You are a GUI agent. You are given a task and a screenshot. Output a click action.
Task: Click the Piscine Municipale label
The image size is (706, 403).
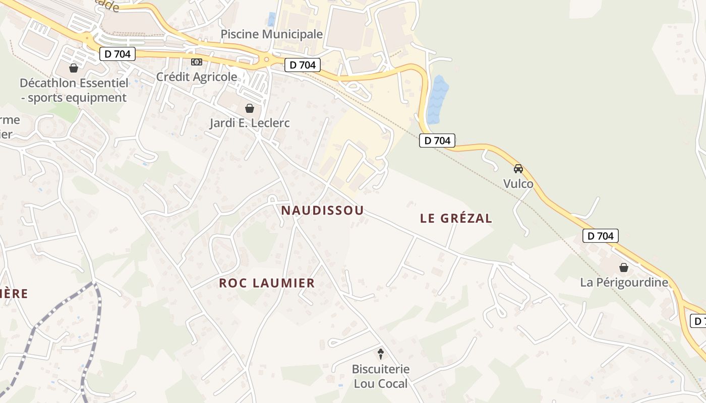pyautogui.click(x=272, y=34)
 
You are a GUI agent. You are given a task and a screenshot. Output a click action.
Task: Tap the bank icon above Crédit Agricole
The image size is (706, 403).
pyautogui.click(x=197, y=62)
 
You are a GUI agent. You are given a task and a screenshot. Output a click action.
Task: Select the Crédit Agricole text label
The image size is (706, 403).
pyautogui.click(x=197, y=77)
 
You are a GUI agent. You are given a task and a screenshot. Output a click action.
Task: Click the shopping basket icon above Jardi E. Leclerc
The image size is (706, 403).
pyautogui.click(x=249, y=108)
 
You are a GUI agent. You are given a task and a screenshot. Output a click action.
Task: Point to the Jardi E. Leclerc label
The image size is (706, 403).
pyautogui.click(x=250, y=123)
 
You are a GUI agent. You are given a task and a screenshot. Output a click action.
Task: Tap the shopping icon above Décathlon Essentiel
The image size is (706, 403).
pyautogui.click(x=74, y=68)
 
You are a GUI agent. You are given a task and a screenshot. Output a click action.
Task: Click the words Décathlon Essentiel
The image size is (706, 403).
pyautogui.click(x=74, y=83)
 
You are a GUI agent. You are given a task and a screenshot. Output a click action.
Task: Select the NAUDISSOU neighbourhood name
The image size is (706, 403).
pyautogui.click(x=322, y=211)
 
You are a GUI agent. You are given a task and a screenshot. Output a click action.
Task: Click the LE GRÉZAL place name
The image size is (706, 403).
pyautogui.click(x=456, y=218)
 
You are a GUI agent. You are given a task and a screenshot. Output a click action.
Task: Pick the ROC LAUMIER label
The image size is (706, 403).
pyautogui.click(x=267, y=283)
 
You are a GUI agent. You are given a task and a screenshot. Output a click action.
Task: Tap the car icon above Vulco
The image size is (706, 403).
pyautogui.click(x=518, y=169)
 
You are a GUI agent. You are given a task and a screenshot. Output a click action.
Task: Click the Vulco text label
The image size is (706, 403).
pyautogui.click(x=518, y=184)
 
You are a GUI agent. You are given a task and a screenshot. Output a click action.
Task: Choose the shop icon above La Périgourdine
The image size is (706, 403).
pyautogui.click(x=624, y=267)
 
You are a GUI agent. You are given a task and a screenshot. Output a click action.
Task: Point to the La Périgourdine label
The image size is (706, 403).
pyautogui.click(x=624, y=282)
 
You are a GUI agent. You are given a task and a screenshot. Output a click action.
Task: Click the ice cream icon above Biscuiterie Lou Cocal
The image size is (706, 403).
pyautogui.click(x=381, y=354)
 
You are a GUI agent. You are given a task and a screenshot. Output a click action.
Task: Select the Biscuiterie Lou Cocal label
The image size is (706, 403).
pyautogui.click(x=381, y=376)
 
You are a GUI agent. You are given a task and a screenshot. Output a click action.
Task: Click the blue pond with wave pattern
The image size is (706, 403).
pyautogui.click(x=437, y=100)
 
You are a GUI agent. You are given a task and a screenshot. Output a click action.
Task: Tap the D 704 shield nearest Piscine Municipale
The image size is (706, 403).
pyautogui.click(x=303, y=65)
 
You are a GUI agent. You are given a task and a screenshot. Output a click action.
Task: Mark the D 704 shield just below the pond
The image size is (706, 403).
pyautogui.click(x=437, y=141)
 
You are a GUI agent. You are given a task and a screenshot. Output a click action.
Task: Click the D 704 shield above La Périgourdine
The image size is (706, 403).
pyautogui.click(x=601, y=235)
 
